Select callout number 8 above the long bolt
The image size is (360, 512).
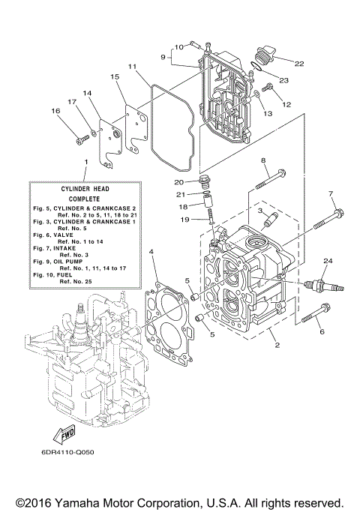coord(263,160)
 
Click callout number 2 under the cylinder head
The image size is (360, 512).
coord(276,346)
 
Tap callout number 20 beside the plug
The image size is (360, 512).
coord(178,182)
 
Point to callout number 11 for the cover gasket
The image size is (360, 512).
coord(132,67)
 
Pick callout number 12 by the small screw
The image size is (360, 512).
coord(286,104)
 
